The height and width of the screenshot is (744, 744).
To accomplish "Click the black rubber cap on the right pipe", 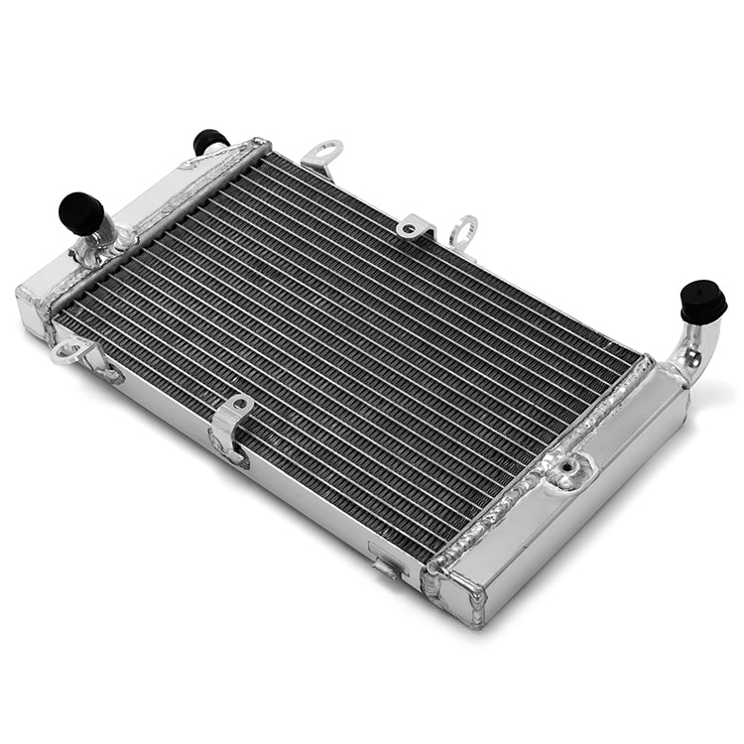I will pyautogui.click(x=703, y=300).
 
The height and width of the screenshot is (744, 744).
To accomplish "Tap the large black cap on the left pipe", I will pyautogui.click(x=81, y=212).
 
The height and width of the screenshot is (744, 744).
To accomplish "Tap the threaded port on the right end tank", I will pyautogui.click(x=568, y=466).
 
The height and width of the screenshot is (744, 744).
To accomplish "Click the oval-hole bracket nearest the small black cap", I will pyautogui.click(x=322, y=154).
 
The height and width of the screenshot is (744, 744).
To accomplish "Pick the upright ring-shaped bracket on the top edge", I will pyautogui.click(x=463, y=233).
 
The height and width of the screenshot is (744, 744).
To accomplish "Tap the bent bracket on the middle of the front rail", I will pyautogui.click(x=230, y=427).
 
